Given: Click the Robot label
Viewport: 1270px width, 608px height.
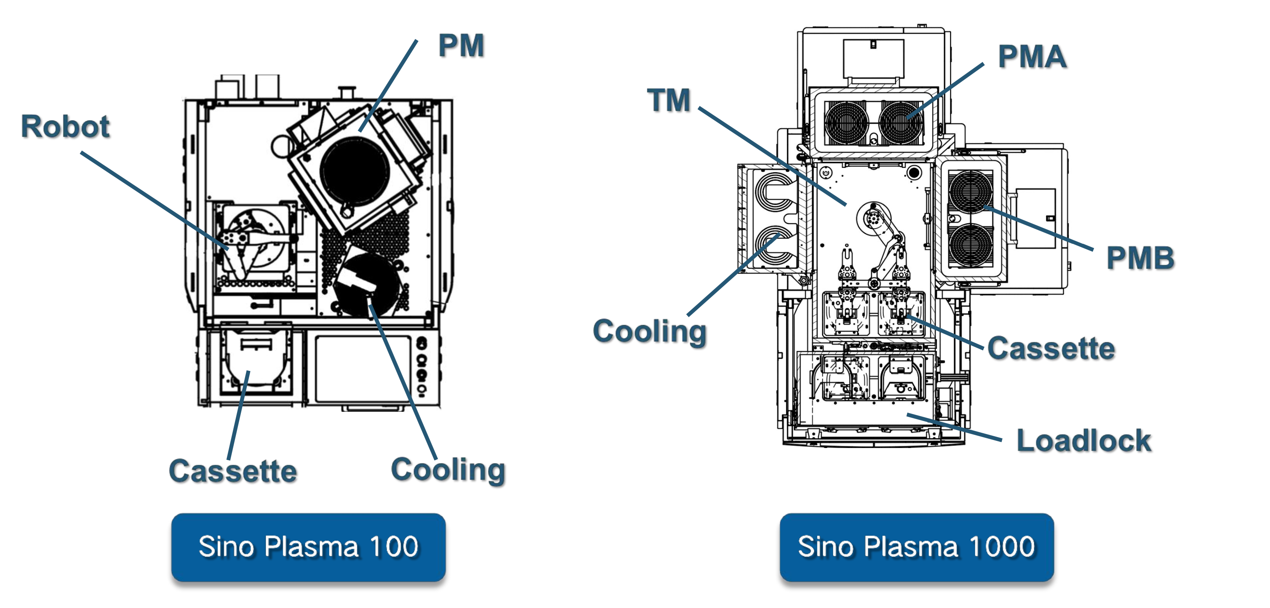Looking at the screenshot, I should (65, 127).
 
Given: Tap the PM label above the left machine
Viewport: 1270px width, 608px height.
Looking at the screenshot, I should (461, 46).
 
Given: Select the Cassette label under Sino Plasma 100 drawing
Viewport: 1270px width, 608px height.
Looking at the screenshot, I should (233, 471).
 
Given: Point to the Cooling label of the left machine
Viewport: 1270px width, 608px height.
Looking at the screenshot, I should (448, 469).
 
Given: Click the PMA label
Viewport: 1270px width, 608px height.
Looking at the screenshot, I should (1032, 57).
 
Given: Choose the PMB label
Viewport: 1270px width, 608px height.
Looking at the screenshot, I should (1140, 258).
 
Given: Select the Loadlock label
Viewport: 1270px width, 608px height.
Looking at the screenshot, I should (1083, 440).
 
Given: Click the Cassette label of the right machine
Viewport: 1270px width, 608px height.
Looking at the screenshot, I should (1051, 349).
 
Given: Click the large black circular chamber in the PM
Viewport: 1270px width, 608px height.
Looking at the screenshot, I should (355, 170).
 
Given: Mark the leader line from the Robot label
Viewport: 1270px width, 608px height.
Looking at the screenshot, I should (153, 200).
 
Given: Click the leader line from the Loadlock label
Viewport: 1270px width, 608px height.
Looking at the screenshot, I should (954, 427).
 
